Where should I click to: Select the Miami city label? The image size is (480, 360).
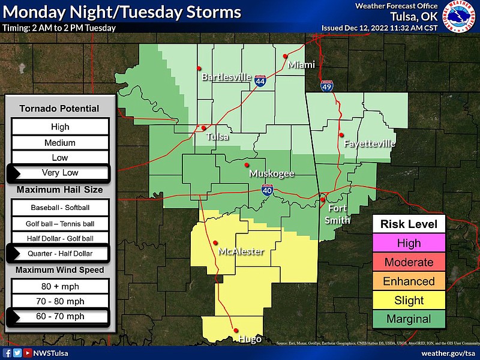[301, 65]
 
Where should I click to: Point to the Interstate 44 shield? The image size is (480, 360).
[260, 82]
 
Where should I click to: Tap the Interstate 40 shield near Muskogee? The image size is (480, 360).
[268, 191]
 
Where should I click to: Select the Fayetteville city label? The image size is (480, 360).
[370, 144]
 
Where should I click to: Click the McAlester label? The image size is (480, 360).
[241, 251]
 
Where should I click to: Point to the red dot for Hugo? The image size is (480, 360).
[235, 330]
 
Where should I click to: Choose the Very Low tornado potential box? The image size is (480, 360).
[60, 173]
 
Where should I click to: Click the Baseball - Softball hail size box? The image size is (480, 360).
[60, 208]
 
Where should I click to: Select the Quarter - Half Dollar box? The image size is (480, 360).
[60, 254]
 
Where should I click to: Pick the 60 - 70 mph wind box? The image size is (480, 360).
[60, 316]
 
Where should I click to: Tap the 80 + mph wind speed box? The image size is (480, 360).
[60, 286]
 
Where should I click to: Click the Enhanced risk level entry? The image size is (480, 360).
[409, 281]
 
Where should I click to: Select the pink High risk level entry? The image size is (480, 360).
[409, 243]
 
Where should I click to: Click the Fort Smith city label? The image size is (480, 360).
[338, 214]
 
